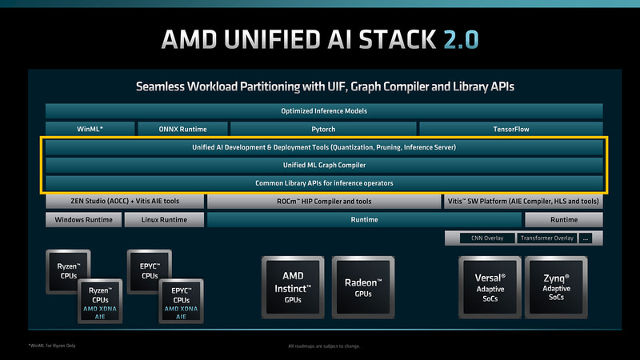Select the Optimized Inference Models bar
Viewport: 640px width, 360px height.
click(x=324, y=111)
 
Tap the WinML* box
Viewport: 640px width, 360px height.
click(x=88, y=129)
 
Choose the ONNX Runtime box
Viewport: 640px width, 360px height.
click(x=183, y=129)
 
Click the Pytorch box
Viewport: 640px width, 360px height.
click(x=322, y=129)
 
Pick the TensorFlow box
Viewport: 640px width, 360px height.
click(x=510, y=129)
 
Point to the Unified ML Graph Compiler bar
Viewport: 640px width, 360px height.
click(x=324, y=166)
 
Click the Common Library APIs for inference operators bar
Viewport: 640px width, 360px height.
click(x=324, y=184)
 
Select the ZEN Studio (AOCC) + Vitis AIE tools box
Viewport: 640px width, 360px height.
click(x=123, y=202)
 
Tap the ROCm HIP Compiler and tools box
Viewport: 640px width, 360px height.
click(x=324, y=202)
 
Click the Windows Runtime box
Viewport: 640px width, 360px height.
click(x=83, y=220)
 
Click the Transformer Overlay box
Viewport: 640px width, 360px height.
click(x=546, y=238)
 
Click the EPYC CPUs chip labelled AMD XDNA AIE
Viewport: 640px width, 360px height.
click(x=182, y=302)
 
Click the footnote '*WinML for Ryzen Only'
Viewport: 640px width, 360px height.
click(x=53, y=346)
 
